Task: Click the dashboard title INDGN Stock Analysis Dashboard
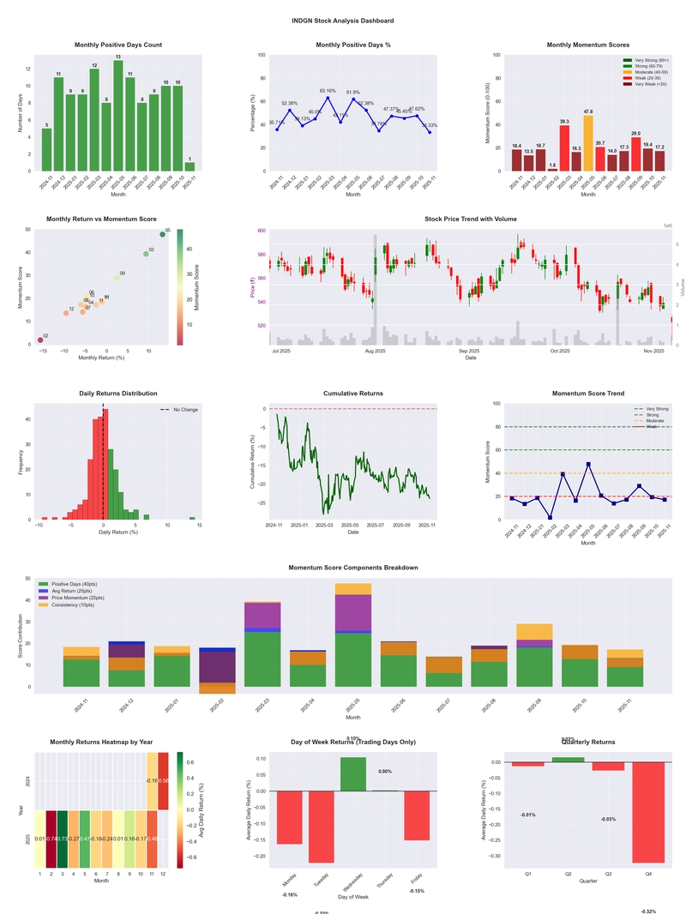click(x=343, y=21)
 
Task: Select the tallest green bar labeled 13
click(x=118, y=116)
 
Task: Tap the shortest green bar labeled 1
click(x=190, y=166)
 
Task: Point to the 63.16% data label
click(x=328, y=90)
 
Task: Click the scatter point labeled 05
click(x=163, y=234)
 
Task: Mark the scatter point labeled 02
click(x=40, y=340)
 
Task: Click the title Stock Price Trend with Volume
click(x=470, y=219)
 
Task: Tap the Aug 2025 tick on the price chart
click(x=375, y=351)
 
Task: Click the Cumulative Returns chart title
click(x=352, y=394)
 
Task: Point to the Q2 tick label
click(x=568, y=874)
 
